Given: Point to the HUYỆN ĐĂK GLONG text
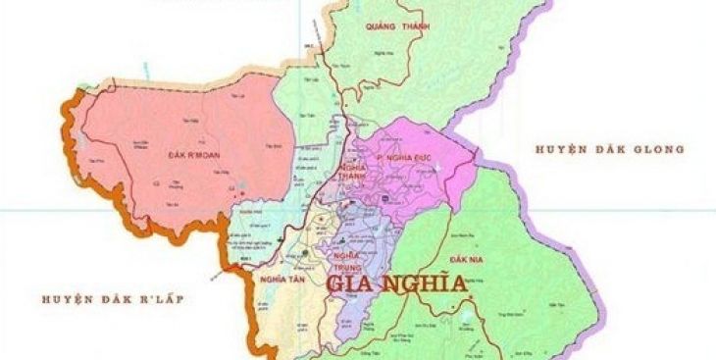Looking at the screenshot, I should (x=608, y=149).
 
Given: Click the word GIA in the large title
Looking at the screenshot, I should (x=352, y=285).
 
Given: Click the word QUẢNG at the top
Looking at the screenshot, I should (x=384, y=27).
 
